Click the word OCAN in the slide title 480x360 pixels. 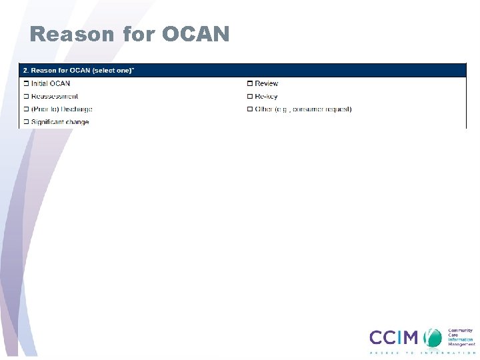point(195,34)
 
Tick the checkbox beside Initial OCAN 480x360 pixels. point(26,83)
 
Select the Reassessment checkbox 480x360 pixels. point(26,97)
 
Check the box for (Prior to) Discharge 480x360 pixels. point(26,109)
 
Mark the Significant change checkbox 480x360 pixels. point(26,122)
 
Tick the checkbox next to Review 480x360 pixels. point(250,83)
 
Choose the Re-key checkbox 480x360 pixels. point(250,97)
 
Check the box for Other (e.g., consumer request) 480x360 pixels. point(250,109)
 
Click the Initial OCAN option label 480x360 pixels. point(51,83)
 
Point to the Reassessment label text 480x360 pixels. point(55,97)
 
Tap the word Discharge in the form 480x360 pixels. point(77,109)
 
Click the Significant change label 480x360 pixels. point(60,122)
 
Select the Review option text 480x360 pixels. point(267,83)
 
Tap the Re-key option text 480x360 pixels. point(266,97)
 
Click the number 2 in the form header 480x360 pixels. point(25,69)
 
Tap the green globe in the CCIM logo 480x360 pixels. point(434,337)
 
